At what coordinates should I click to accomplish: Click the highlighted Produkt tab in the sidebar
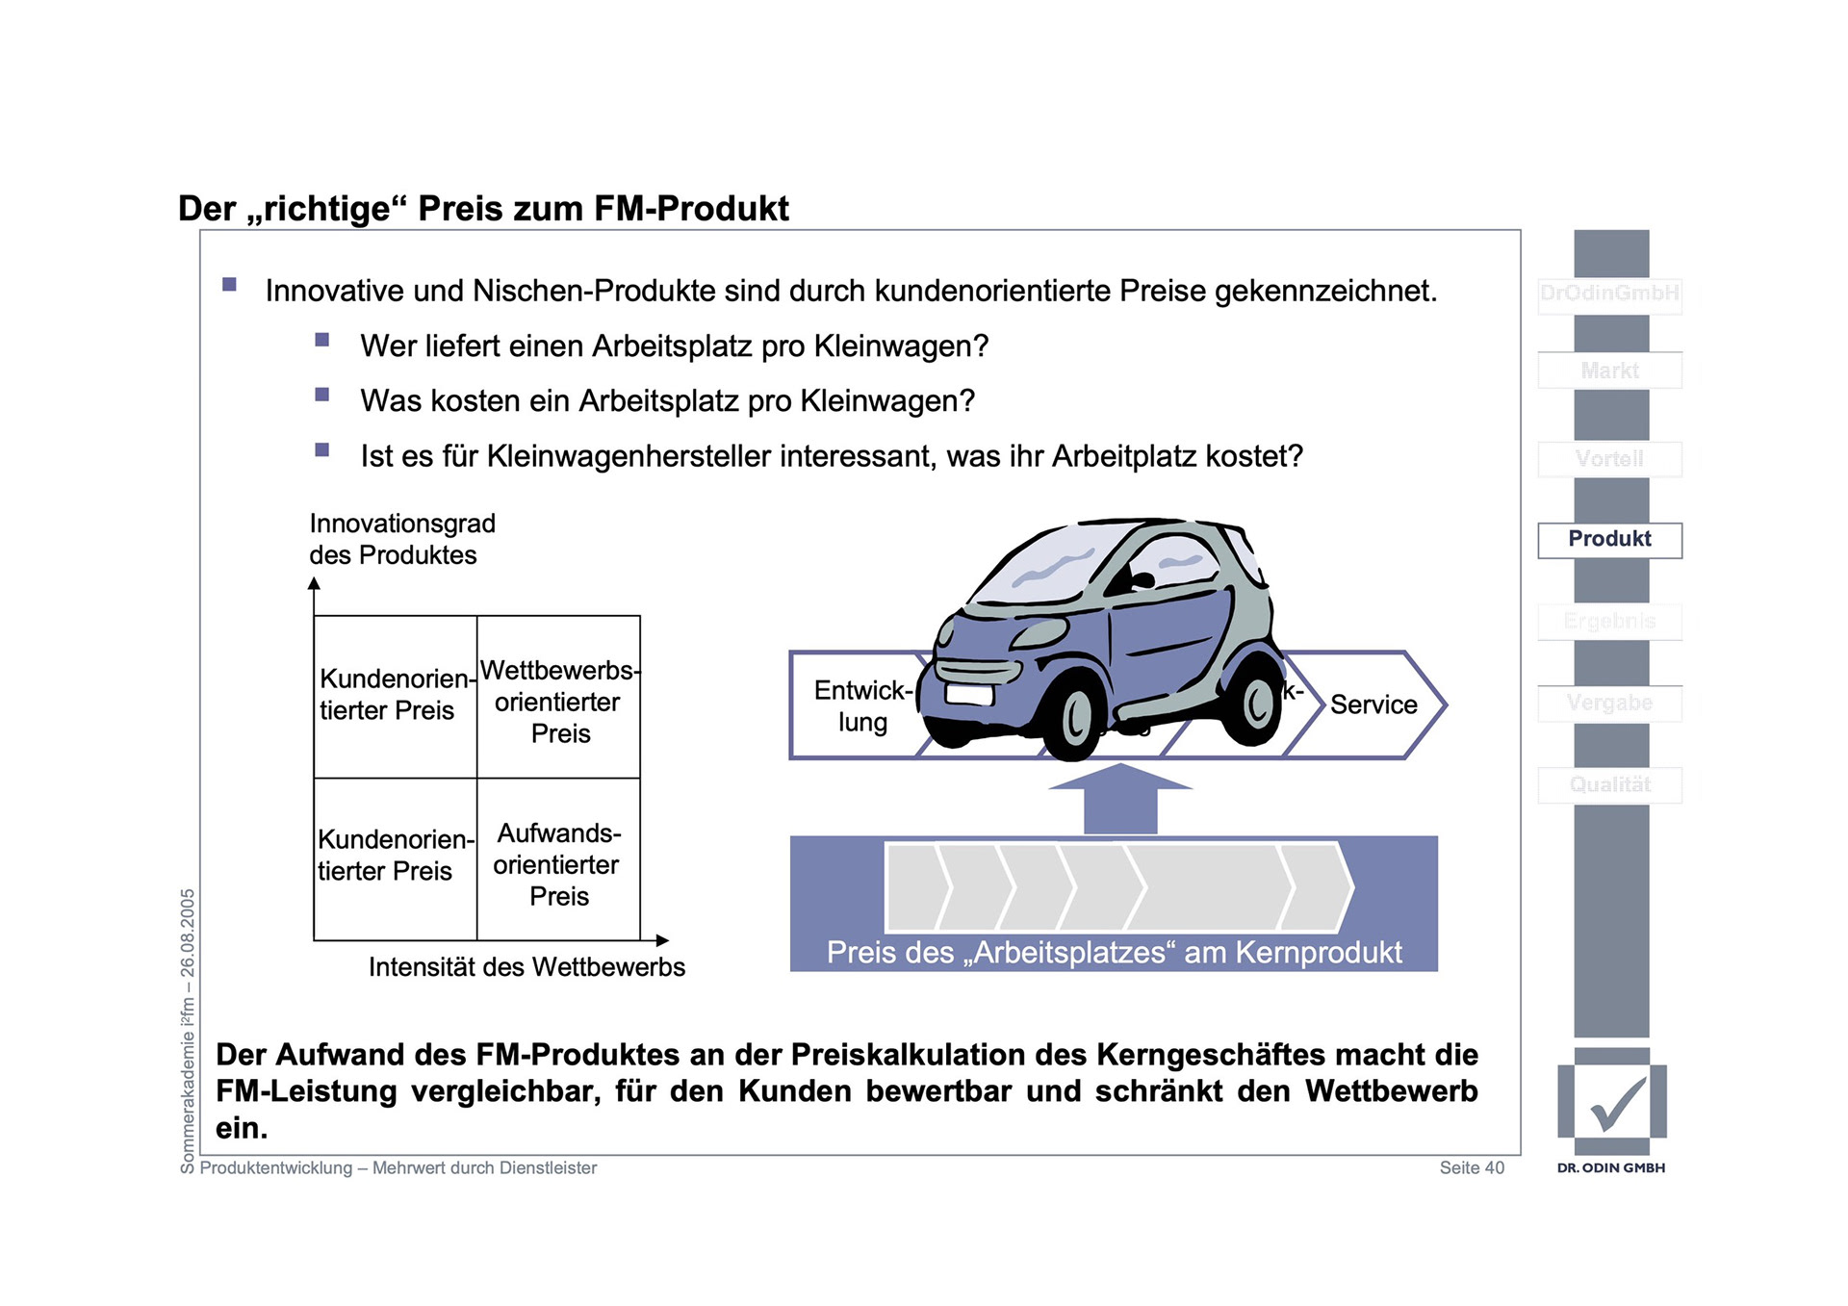click(1609, 540)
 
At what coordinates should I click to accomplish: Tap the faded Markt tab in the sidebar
click(1609, 371)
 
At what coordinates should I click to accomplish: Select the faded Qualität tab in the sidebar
click(1609, 785)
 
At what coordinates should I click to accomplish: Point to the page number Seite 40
click(1471, 1167)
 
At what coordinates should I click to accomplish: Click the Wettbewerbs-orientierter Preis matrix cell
click(559, 702)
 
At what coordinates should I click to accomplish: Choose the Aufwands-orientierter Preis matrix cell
click(558, 864)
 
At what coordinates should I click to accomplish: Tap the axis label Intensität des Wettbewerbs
click(526, 967)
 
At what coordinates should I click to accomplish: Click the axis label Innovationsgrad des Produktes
click(401, 539)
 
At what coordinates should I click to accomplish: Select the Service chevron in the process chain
click(1373, 704)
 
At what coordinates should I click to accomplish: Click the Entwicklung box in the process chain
click(857, 706)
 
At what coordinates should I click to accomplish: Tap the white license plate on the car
click(969, 694)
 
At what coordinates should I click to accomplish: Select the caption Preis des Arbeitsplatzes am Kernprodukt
click(1114, 953)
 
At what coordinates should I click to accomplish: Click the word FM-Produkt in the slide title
click(691, 209)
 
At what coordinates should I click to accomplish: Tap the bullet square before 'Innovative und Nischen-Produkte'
click(229, 285)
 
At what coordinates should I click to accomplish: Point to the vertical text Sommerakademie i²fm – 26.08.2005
click(188, 1030)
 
